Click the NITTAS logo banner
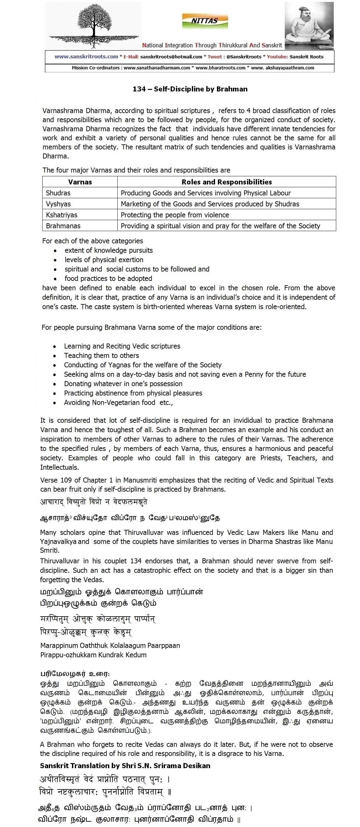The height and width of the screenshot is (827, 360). tap(205, 21)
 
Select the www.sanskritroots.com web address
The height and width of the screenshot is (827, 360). tap(86, 57)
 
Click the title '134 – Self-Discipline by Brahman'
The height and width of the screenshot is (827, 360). tap(190, 89)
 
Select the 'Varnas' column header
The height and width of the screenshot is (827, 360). tap(80, 182)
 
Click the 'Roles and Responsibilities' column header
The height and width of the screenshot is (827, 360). tap(227, 182)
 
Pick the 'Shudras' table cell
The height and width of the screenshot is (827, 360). tap(58, 193)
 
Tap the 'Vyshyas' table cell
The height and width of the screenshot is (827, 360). tap(59, 204)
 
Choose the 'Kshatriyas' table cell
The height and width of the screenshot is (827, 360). tap(62, 215)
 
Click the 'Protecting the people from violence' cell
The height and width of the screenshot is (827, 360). tap(175, 215)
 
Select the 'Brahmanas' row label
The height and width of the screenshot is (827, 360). tap(63, 226)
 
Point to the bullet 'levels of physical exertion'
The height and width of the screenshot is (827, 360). tap(104, 260)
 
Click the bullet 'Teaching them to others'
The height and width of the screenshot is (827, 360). tap(101, 355)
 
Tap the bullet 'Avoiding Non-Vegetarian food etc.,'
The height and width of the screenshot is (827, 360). tap(118, 403)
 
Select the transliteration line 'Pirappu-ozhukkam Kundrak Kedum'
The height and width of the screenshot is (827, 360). tap(93, 655)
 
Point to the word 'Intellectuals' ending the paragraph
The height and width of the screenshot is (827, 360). tap(59, 468)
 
